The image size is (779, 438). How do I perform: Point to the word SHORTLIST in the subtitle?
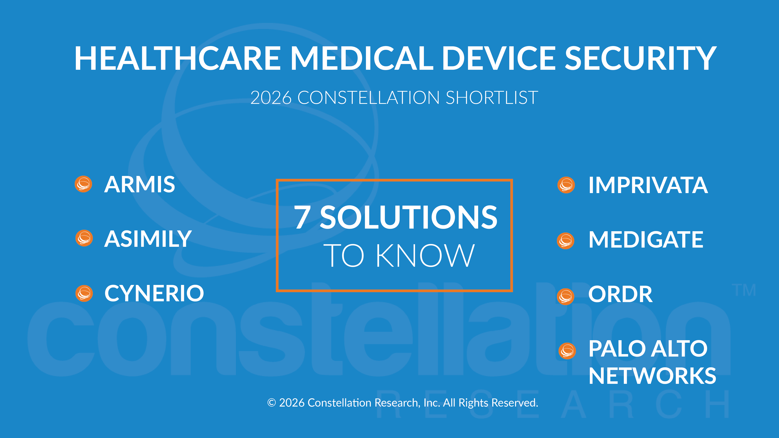[492, 98]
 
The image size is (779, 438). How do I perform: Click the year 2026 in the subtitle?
[271, 98]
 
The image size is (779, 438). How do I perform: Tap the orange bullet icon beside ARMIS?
[84, 184]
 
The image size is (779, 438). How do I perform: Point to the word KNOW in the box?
[425, 256]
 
